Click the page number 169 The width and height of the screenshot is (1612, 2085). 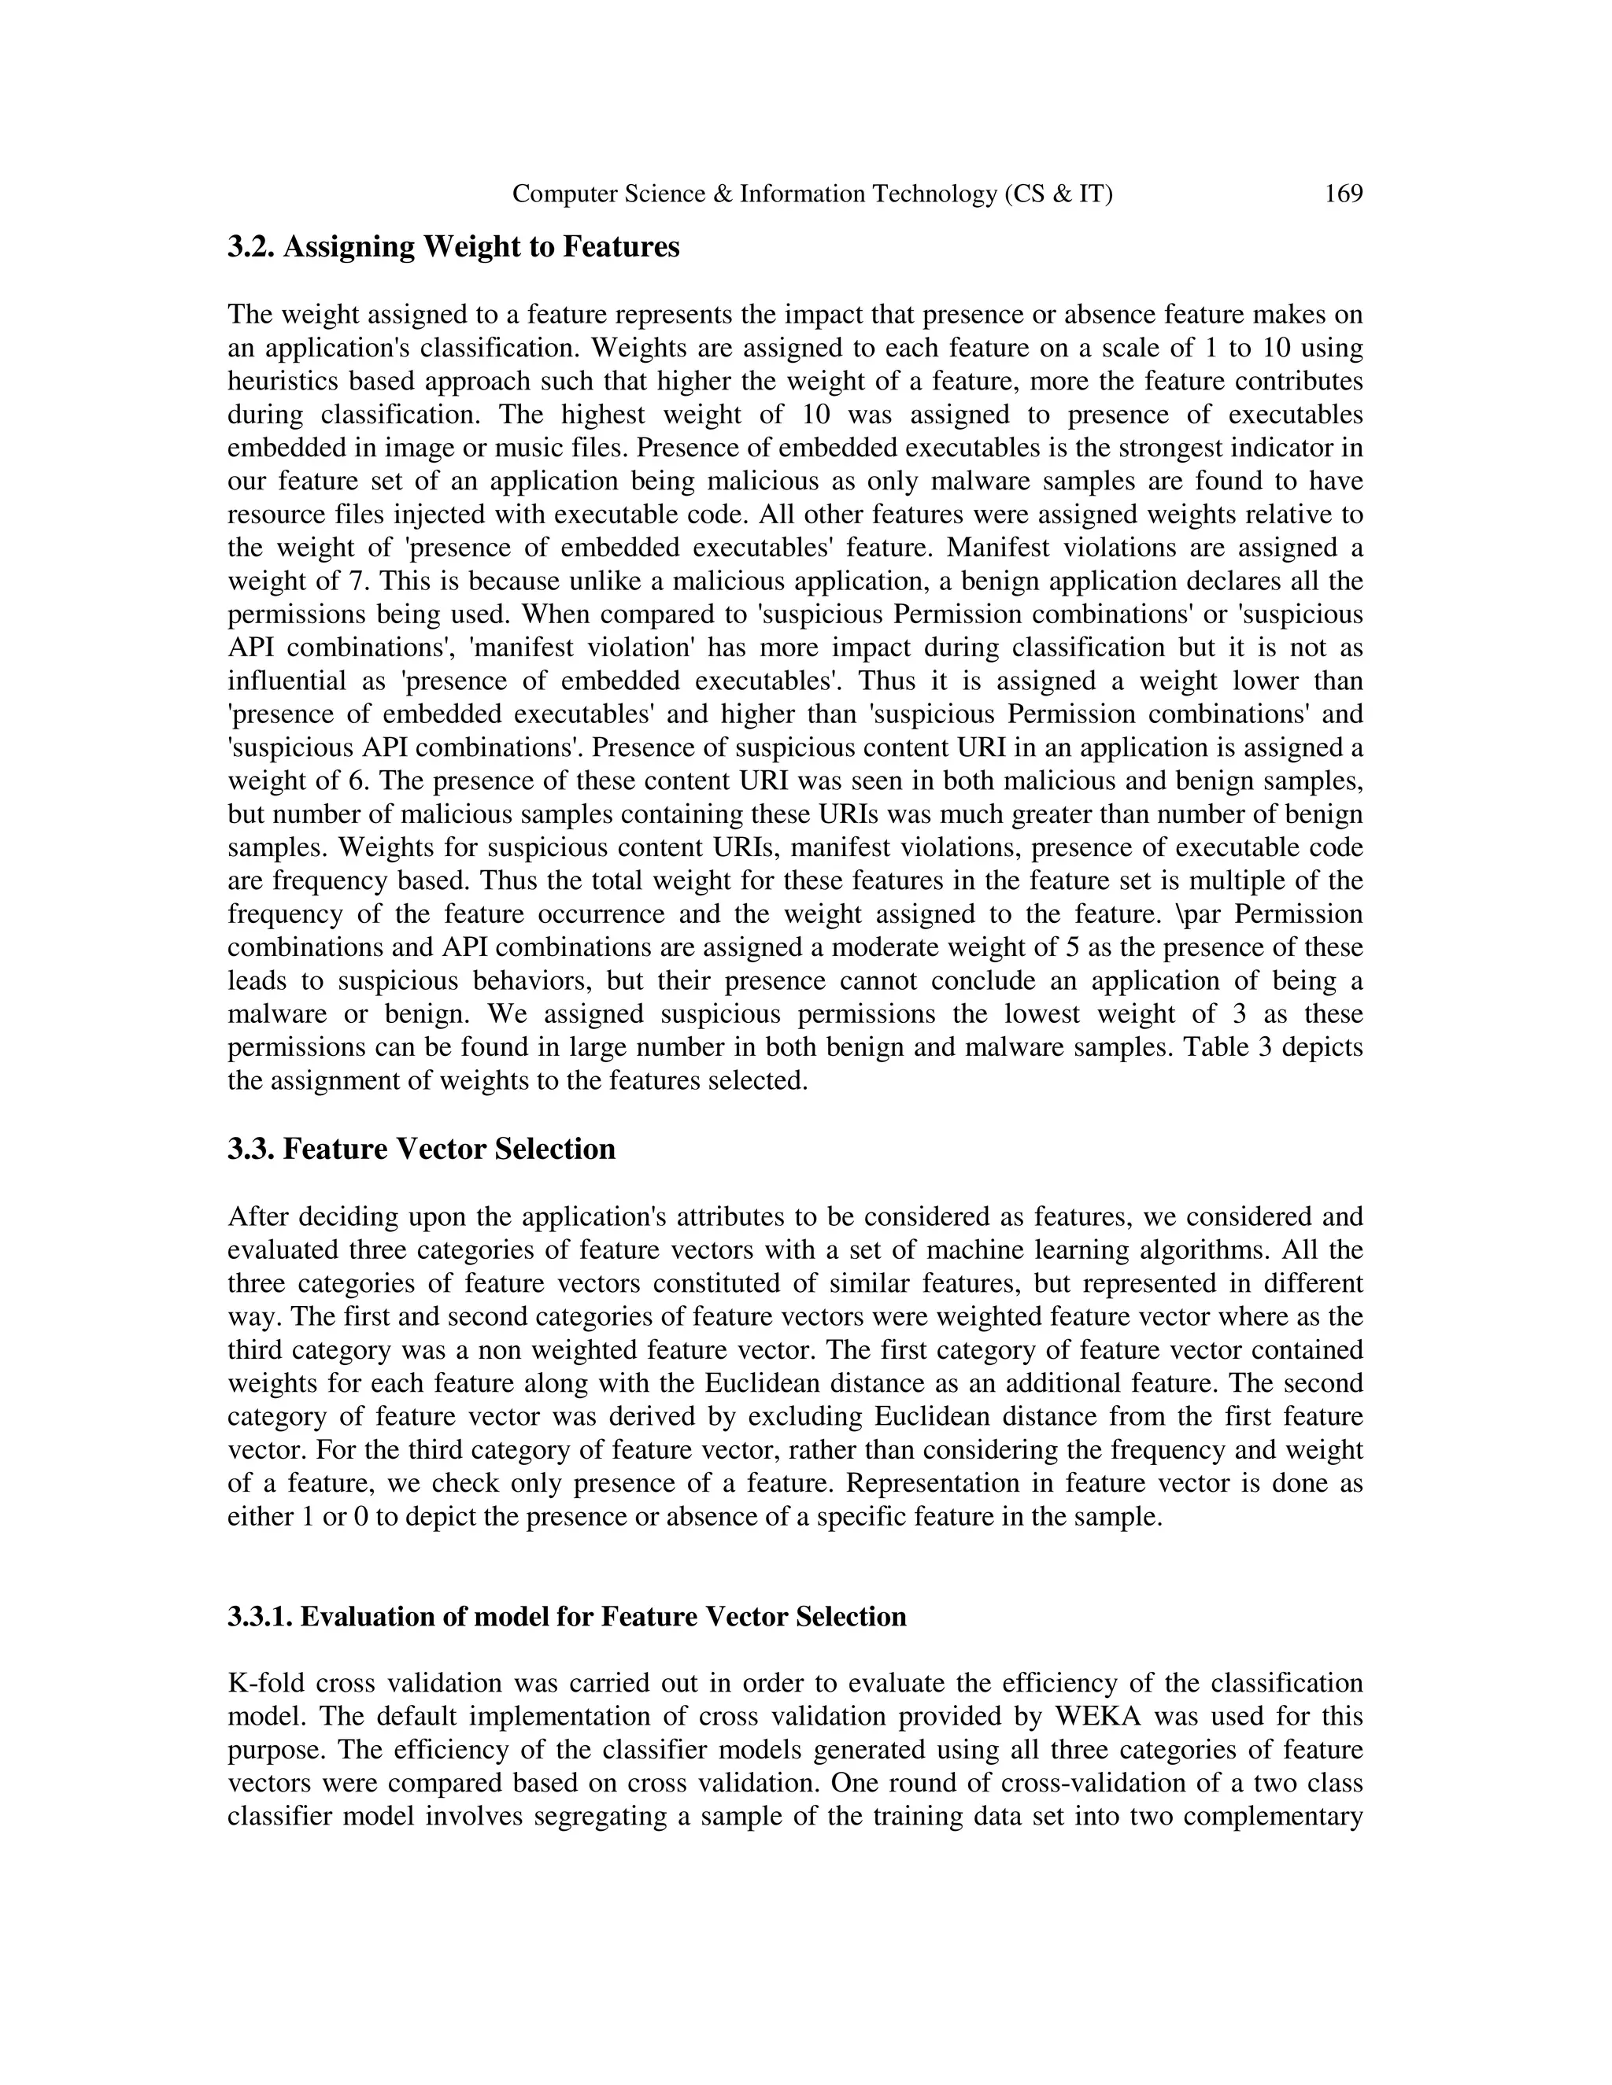tap(1344, 195)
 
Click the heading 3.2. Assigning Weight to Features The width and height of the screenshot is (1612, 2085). tap(453, 247)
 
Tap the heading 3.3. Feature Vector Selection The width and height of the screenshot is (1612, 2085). tap(421, 1149)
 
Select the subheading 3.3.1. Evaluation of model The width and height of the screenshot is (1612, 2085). tap(566, 1616)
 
